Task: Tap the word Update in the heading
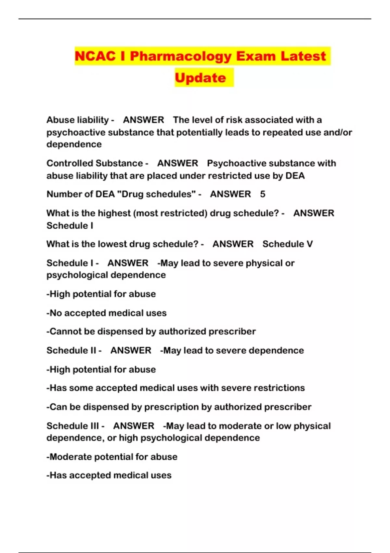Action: tap(200, 78)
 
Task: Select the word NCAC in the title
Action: tap(95, 56)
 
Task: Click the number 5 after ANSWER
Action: tap(263, 194)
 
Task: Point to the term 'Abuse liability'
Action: tap(77, 120)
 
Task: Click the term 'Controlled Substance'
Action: tap(95, 163)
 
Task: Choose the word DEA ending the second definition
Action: tap(295, 176)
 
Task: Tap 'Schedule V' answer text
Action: tap(288, 244)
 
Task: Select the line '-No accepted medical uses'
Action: tap(107, 313)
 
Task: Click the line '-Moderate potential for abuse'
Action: tap(112, 457)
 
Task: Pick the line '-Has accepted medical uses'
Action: tap(109, 475)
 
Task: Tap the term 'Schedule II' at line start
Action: tap(71, 350)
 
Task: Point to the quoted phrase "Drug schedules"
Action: tap(156, 194)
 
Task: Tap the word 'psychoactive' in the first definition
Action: tap(76, 133)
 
